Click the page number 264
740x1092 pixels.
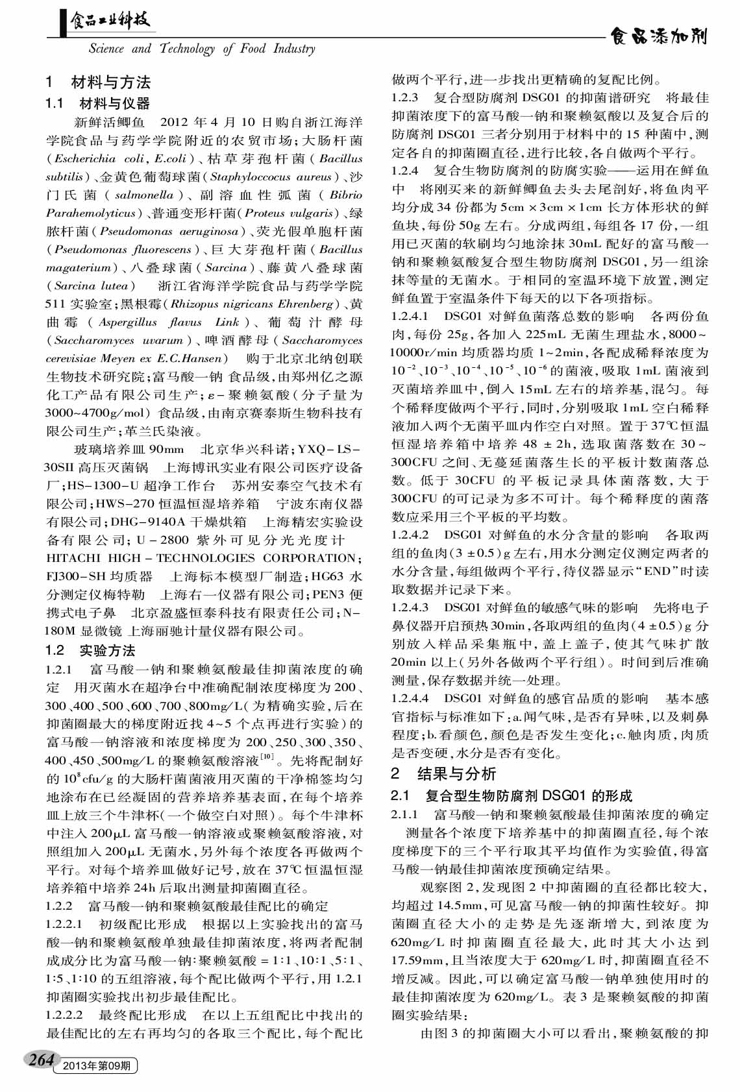pyautogui.click(x=40, y=1060)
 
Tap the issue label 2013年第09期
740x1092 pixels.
pyautogui.click(x=96, y=1065)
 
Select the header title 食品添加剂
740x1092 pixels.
pyautogui.click(x=658, y=36)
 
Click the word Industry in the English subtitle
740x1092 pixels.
pyautogui.click(x=294, y=49)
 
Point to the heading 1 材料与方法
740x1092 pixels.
pyautogui.click(x=98, y=82)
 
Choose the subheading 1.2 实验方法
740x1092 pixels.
pyautogui.click(x=90, y=650)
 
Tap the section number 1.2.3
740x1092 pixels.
pyautogui.click(x=405, y=98)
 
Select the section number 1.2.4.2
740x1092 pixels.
pyautogui.click(x=410, y=535)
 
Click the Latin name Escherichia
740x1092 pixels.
pyautogui.click(x=85, y=158)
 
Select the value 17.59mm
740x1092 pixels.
pyautogui.click(x=417, y=960)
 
